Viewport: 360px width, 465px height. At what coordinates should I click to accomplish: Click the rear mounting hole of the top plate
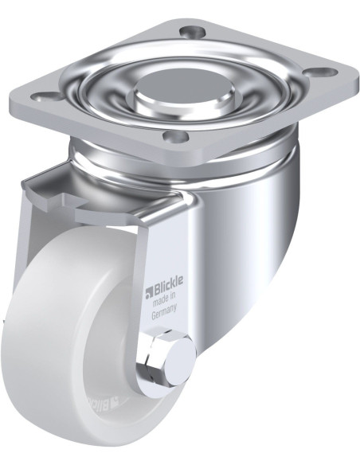[192, 32]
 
